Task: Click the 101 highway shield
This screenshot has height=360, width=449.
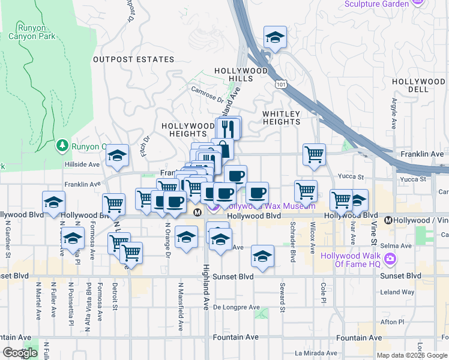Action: tap(282, 85)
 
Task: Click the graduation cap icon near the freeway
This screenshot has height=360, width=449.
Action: tap(275, 38)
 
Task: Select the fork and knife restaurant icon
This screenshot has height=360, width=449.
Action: tap(228, 128)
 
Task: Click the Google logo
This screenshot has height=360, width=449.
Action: tap(20, 353)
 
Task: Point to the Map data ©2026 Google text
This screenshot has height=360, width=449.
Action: tap(412, 355)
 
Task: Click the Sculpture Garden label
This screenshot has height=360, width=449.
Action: tap(376, 4)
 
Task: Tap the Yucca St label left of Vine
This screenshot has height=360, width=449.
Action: tap(352, 177)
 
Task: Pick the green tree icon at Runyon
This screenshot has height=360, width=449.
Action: tap(62, 145)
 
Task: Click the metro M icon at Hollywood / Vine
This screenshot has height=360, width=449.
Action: tap(388, 220)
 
